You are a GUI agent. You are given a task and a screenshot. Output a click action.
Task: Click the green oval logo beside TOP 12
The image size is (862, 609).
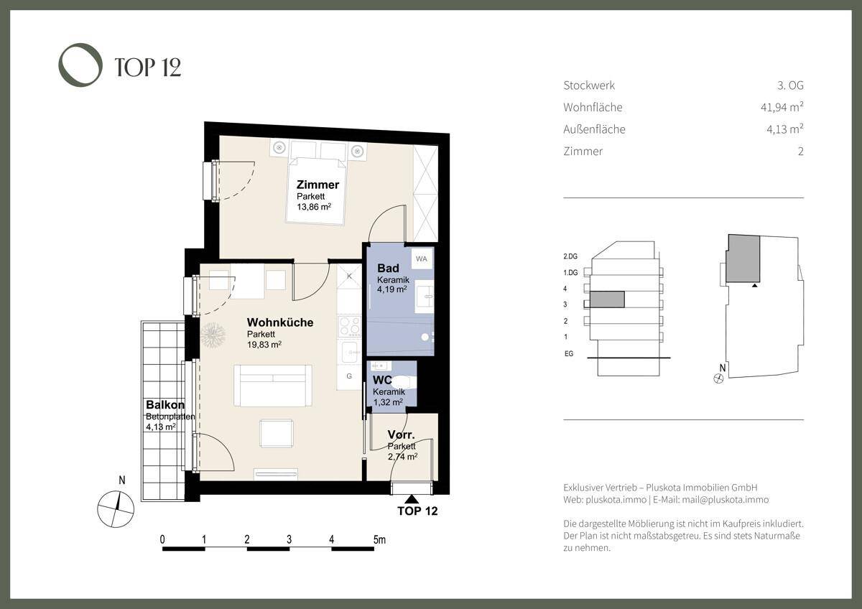pos(62,65)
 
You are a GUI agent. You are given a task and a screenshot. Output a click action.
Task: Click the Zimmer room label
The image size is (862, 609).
pos(318,185)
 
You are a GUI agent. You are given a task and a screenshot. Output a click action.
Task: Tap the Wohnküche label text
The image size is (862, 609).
pos(279,322)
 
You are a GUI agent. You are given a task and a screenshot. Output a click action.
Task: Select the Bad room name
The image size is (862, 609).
pos(388,268)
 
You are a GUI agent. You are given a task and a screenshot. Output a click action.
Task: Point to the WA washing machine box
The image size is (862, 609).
pos(422,259)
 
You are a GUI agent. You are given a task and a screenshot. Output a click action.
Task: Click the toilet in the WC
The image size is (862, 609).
pos(403,381)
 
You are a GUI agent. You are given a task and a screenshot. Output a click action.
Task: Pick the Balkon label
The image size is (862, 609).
pos(165,405)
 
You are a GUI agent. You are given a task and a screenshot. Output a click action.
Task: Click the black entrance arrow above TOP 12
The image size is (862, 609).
pos(412,499)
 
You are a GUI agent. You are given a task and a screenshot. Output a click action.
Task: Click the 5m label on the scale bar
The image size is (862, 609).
pos(379,539)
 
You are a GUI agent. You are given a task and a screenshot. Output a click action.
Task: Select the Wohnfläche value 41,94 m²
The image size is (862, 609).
pos(782,107)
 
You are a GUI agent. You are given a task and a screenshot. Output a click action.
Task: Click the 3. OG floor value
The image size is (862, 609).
pos(790,85)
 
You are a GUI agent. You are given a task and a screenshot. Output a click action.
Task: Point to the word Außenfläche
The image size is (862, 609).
pos(594,129)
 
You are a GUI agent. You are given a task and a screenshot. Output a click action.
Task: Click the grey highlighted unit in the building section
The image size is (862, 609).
pos(607,299)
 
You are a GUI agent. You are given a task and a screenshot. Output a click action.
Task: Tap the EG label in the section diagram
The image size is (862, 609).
pos(569,353)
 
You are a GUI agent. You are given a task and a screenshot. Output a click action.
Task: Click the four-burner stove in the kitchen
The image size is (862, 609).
pos(349,326)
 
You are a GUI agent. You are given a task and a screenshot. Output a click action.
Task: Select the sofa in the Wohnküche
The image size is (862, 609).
pos(273,386)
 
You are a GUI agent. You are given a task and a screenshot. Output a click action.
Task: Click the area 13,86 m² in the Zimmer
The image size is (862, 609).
pos(314,207)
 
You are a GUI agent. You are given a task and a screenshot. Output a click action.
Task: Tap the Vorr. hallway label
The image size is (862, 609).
pos(401,434)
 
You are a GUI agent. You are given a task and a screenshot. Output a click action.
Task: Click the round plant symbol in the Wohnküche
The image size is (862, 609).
pos(213,335)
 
